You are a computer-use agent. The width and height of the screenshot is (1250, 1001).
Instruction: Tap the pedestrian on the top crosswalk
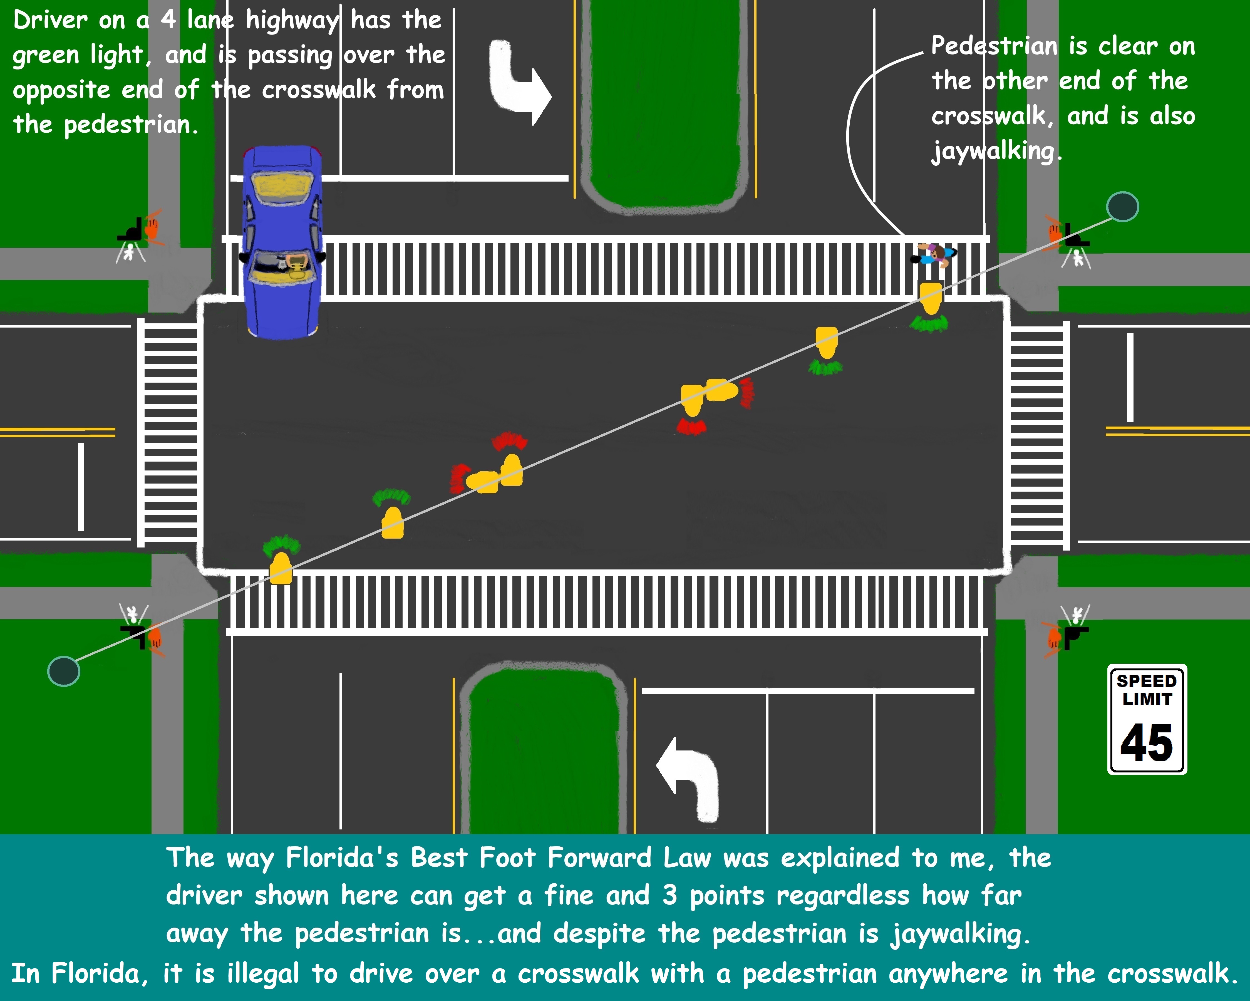coord(933,255)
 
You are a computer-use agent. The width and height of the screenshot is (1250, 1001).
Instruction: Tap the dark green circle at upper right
coord(1122,207)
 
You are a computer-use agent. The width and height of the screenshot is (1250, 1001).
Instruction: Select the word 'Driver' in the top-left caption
coord(50,20)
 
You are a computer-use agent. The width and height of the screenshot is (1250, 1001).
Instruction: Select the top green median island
coord(665,104)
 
